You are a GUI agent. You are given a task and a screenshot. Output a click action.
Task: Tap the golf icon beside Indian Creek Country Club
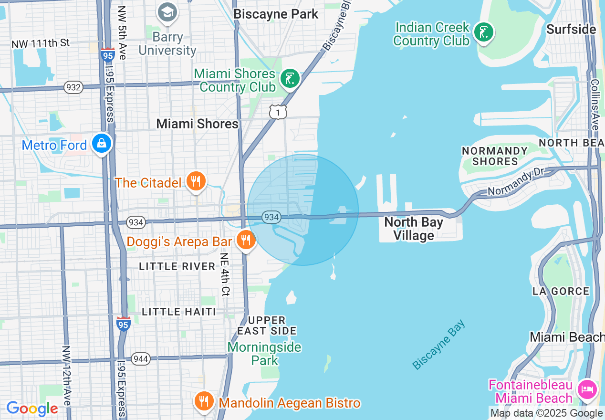pos(484,33)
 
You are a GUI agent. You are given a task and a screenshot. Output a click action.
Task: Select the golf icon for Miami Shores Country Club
pos(290,79)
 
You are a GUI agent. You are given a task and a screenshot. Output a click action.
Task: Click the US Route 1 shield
pos(278,112)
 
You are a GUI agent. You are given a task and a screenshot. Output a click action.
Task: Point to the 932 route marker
pos(74,87)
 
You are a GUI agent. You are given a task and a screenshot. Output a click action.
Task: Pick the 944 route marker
pos(141,359)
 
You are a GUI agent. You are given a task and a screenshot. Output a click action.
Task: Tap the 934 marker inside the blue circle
pos(271,217)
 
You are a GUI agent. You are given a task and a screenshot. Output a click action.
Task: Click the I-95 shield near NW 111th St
pos(107,54)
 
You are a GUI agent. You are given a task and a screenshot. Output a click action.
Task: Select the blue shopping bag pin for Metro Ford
pos(102,143)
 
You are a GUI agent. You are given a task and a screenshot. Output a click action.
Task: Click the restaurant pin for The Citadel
pos(196,182)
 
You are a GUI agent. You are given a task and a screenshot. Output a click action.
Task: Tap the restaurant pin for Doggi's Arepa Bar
pos(246,240)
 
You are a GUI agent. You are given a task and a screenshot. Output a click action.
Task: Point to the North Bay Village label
pos(413,229)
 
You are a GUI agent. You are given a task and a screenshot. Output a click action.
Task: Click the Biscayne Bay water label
pos(438,345)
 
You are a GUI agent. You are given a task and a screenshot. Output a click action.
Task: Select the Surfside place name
pos(571,29)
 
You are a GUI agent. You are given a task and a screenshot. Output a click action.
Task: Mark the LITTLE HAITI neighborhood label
pos(179,312)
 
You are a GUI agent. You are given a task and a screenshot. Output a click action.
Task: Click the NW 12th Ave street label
pos(66,376)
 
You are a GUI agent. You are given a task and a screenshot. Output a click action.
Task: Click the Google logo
pos(32,409)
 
